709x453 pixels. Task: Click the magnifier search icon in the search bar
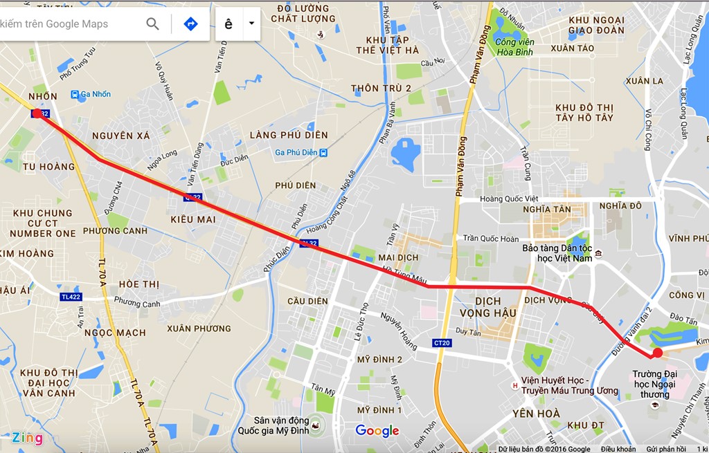153,24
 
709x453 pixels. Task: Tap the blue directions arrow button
190,24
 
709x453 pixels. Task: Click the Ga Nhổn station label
95,95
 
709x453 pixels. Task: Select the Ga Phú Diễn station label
296,152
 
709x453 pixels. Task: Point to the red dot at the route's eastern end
657,353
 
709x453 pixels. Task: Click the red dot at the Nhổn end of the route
37,113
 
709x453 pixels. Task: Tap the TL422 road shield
70,297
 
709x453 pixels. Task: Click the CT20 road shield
442,342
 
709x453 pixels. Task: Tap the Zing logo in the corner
27,438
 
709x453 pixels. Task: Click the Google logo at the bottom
377,431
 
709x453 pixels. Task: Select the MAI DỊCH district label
399,257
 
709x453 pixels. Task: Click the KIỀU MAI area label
192,219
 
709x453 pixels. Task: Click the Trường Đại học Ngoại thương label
654,385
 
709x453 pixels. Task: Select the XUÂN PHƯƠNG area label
199,328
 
